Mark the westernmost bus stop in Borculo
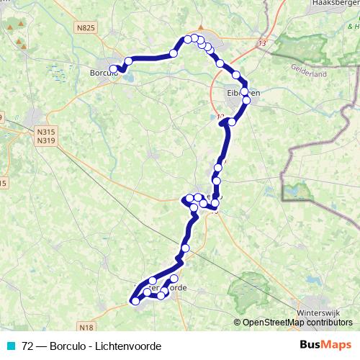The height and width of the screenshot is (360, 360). (x=113, y=69)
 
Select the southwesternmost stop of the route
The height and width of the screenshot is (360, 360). (x=135, y=302)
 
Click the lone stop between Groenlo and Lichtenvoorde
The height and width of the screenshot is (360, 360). (x=186, y=248)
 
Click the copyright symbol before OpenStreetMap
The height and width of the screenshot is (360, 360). (x=238, y=323)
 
